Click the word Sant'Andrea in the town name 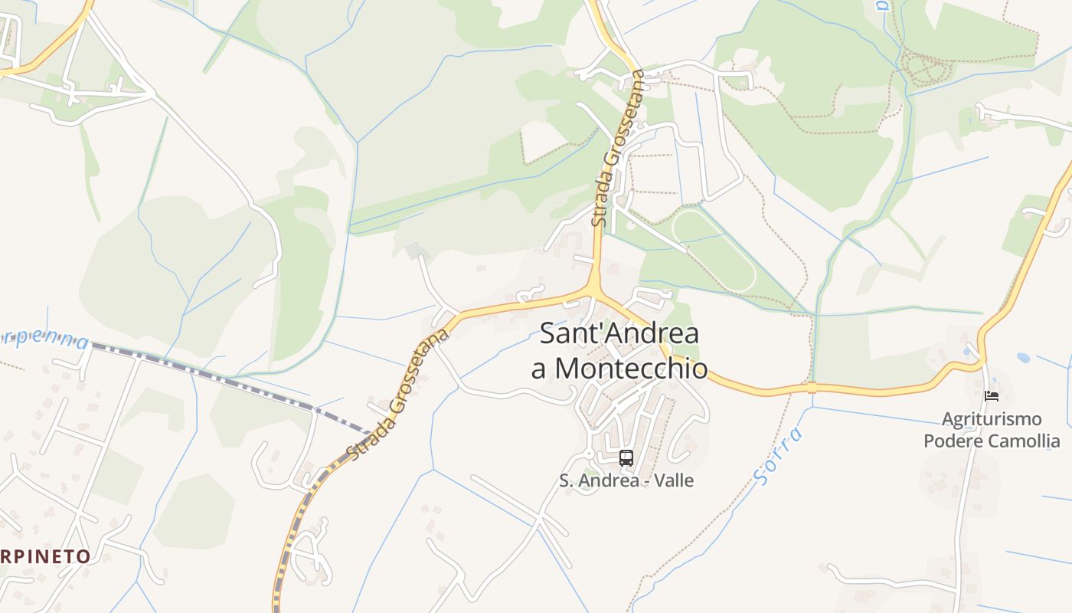tap(619, 334)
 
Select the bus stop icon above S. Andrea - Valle tap(626, 458)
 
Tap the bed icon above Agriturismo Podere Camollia tap(992, 396)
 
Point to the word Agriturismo tap(992, 419)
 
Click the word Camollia tap(1024, 441)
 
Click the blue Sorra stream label tap(779, 456)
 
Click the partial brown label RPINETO tap(46, 556)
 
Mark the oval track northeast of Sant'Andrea tap(714, 250)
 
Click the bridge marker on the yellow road tap(812, 388)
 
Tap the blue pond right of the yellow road tap(1023, 357)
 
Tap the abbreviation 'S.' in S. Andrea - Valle tap(566, 481)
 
